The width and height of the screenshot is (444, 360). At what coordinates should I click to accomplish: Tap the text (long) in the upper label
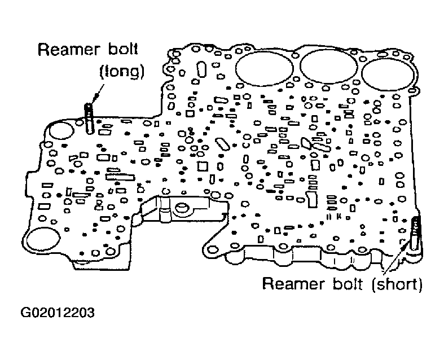pos(122,71)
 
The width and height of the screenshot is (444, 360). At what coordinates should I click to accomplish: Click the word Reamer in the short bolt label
pos(293,283)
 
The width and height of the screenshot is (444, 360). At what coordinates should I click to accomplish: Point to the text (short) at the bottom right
pos(397,284)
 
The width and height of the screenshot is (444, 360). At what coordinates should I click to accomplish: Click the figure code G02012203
pos(58,313)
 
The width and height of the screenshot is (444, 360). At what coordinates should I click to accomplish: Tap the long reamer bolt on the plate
pos(89,118)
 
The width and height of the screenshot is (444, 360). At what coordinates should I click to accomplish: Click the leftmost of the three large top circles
pos(265,68)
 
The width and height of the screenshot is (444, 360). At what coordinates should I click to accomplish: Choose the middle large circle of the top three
pos(328,66)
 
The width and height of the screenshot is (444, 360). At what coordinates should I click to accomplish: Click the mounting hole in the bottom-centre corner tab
pos(212,249)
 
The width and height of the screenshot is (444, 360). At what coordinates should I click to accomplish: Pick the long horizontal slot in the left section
pos(120,177)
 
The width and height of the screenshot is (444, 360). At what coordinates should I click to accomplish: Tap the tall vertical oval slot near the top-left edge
pos(201,69)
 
